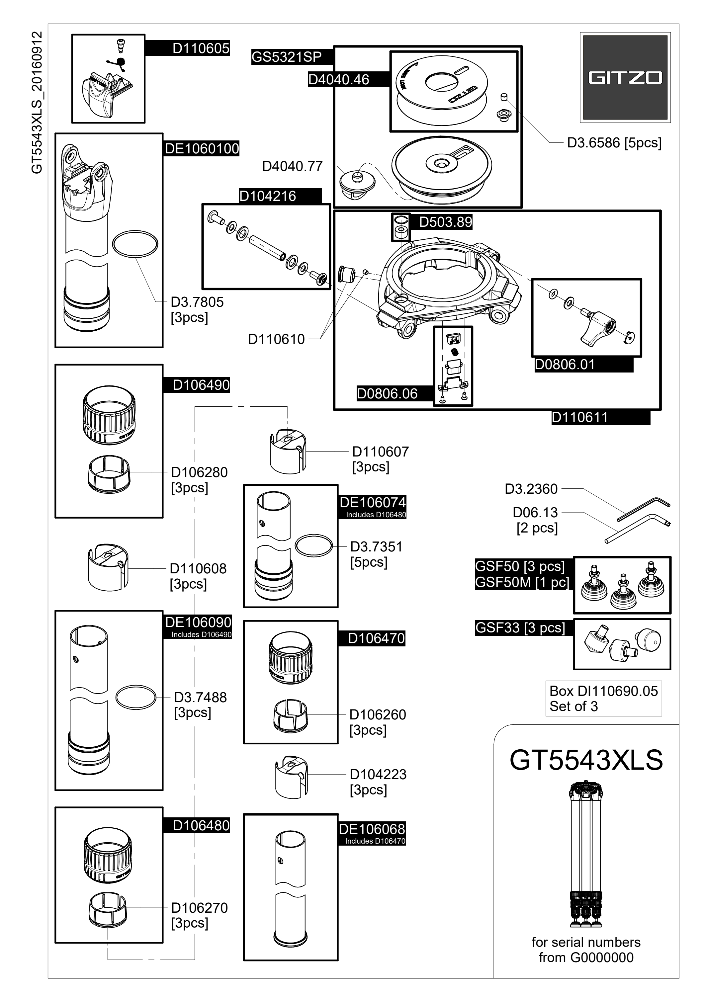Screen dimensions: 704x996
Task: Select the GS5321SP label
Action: [286, 57]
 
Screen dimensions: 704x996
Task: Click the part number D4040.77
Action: [292, 166]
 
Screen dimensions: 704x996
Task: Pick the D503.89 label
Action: [445, 222]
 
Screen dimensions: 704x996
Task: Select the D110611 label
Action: [579, 417]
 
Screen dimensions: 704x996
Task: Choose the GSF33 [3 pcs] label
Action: [520, 628]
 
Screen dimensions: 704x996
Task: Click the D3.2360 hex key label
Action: [531, 489]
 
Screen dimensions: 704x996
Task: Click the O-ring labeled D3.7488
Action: [136, 698]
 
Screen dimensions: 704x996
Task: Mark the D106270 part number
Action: [199, 907]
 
